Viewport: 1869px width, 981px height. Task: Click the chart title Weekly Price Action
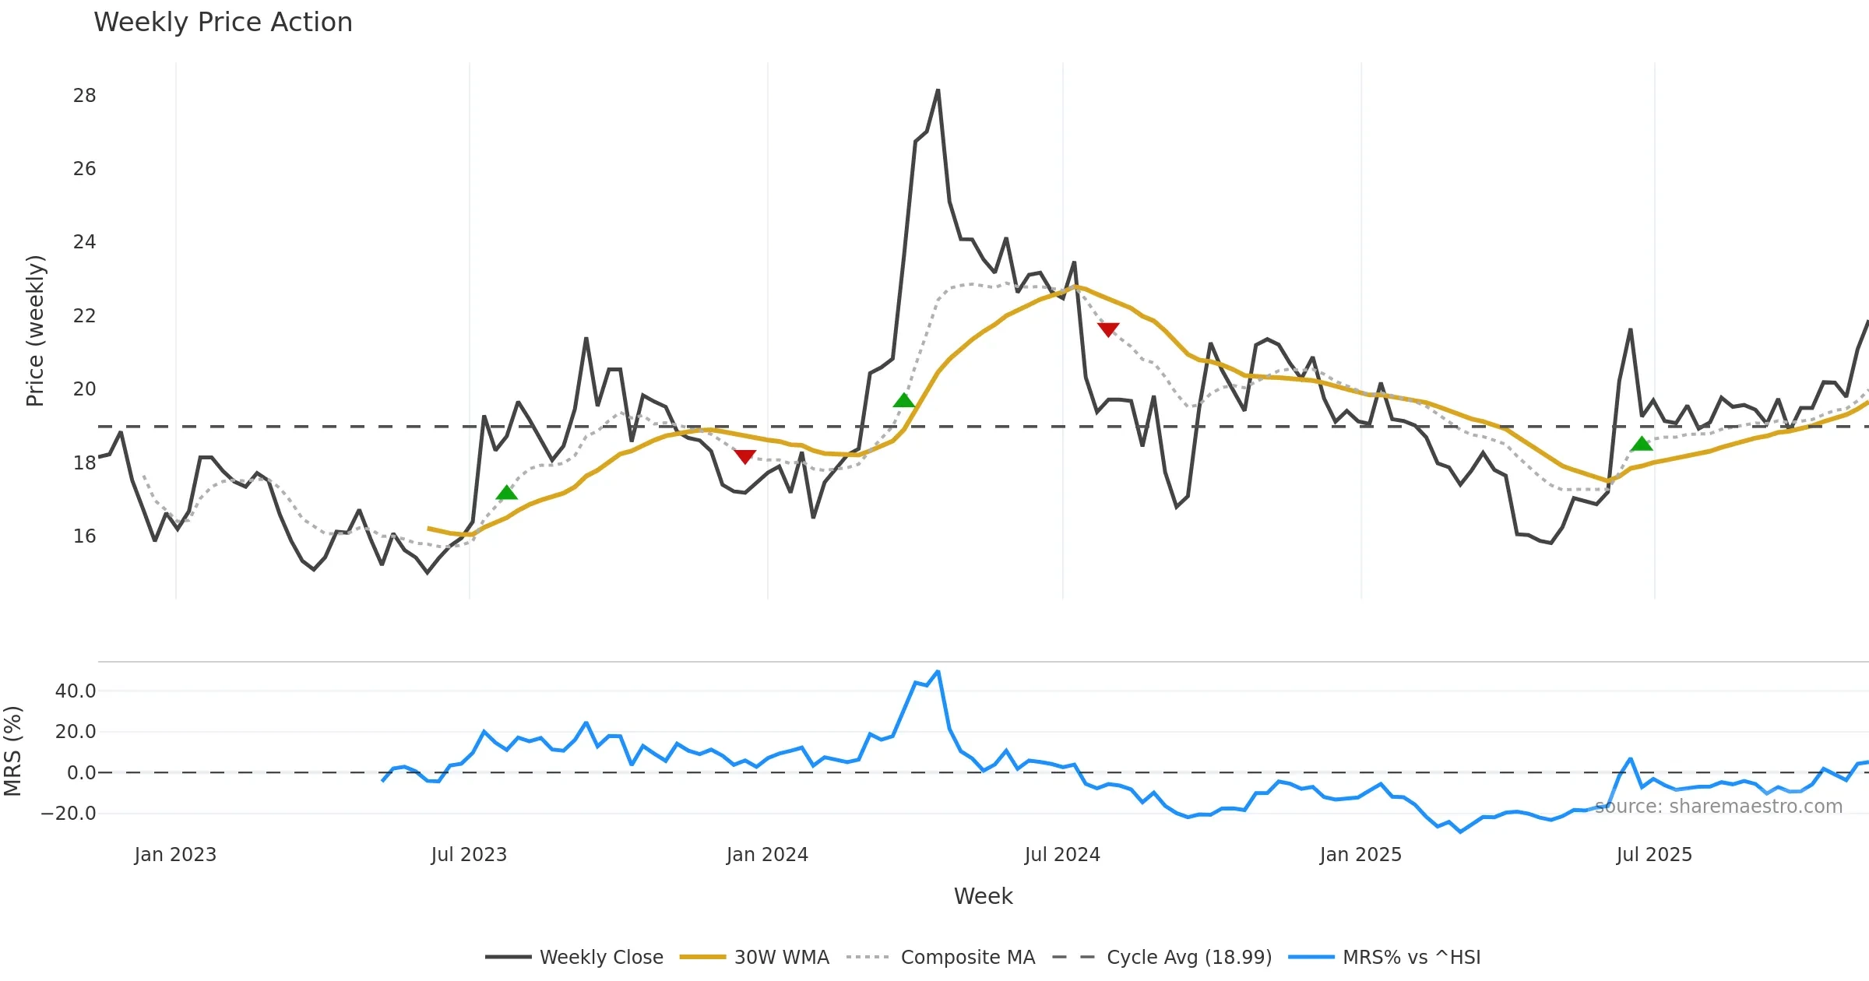pyautogui.click(x=223, y=23)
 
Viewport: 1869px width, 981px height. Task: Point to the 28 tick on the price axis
pyautogui.click(x=84, y=96)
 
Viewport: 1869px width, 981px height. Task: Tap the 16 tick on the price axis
pyautogui.click(x=84, y=536)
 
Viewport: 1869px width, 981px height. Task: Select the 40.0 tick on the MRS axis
pyautogui.click(x=76, y=691)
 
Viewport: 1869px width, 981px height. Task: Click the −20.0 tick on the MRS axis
pyautogui.click(x=69, y=814)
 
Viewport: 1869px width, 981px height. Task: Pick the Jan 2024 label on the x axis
pyautogui.click(x=767, y=855)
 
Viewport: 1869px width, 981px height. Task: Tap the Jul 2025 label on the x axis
pyautogui.click(x=1654, y=855)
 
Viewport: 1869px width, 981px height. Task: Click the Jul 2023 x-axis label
pyautogui.click(x=469, y=855)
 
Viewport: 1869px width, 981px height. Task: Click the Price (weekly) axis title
pyautogui.click(x=36, y=331)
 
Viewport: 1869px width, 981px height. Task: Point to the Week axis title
pyautogui.click(x=983, y=897)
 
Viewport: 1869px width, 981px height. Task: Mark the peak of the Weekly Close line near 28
pyautogui.click(x=938, y=91)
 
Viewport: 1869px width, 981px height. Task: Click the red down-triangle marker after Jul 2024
pyautogui.click(x=1108, y=329)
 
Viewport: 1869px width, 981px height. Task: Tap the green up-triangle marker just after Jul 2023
pyautogui.click(x=507, y=493)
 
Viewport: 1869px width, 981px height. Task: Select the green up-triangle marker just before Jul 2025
pyautogui.click(x=1642, y=444)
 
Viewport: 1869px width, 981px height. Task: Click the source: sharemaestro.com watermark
pyautogui.click(x=1719, y=807)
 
